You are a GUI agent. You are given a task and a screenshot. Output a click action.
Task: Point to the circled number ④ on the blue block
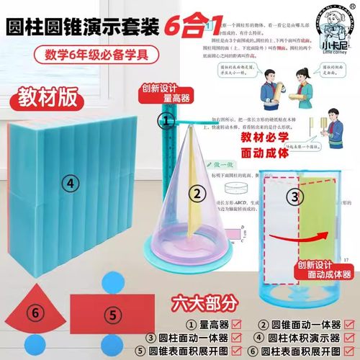pyautogui.click(x=70, y=184)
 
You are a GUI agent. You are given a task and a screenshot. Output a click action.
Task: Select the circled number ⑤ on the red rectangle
pyautogui.click(x=112, y=313)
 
